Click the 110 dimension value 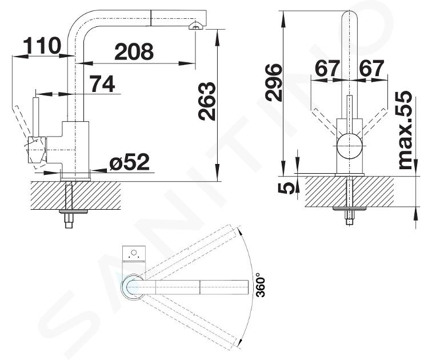coord(42,46)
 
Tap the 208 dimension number coord(134,51)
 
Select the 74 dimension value coord(103,84)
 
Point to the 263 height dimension coord(207,101)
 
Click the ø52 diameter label coord(130,162)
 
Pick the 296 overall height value coord(273,82)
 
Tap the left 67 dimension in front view coord(327,69)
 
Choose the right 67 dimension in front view coord(371,69)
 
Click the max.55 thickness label coord(405,130)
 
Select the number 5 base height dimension coord(286,189)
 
